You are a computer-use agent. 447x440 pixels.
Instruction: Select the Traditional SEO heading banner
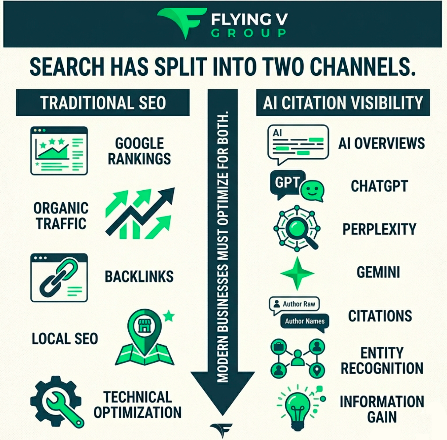(102, 102)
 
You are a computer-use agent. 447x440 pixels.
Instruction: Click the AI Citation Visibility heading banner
(343, 102)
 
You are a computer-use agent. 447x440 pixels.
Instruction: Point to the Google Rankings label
(139, 151)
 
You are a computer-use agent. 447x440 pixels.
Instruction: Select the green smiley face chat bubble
(312, 191)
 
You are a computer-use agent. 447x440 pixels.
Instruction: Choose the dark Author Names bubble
(305, 322)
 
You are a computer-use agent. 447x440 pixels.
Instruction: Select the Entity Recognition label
(382, 361)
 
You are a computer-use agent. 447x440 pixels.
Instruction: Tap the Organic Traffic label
(61, 216)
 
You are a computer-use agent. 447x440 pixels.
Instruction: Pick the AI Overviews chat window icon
(298, 144)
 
